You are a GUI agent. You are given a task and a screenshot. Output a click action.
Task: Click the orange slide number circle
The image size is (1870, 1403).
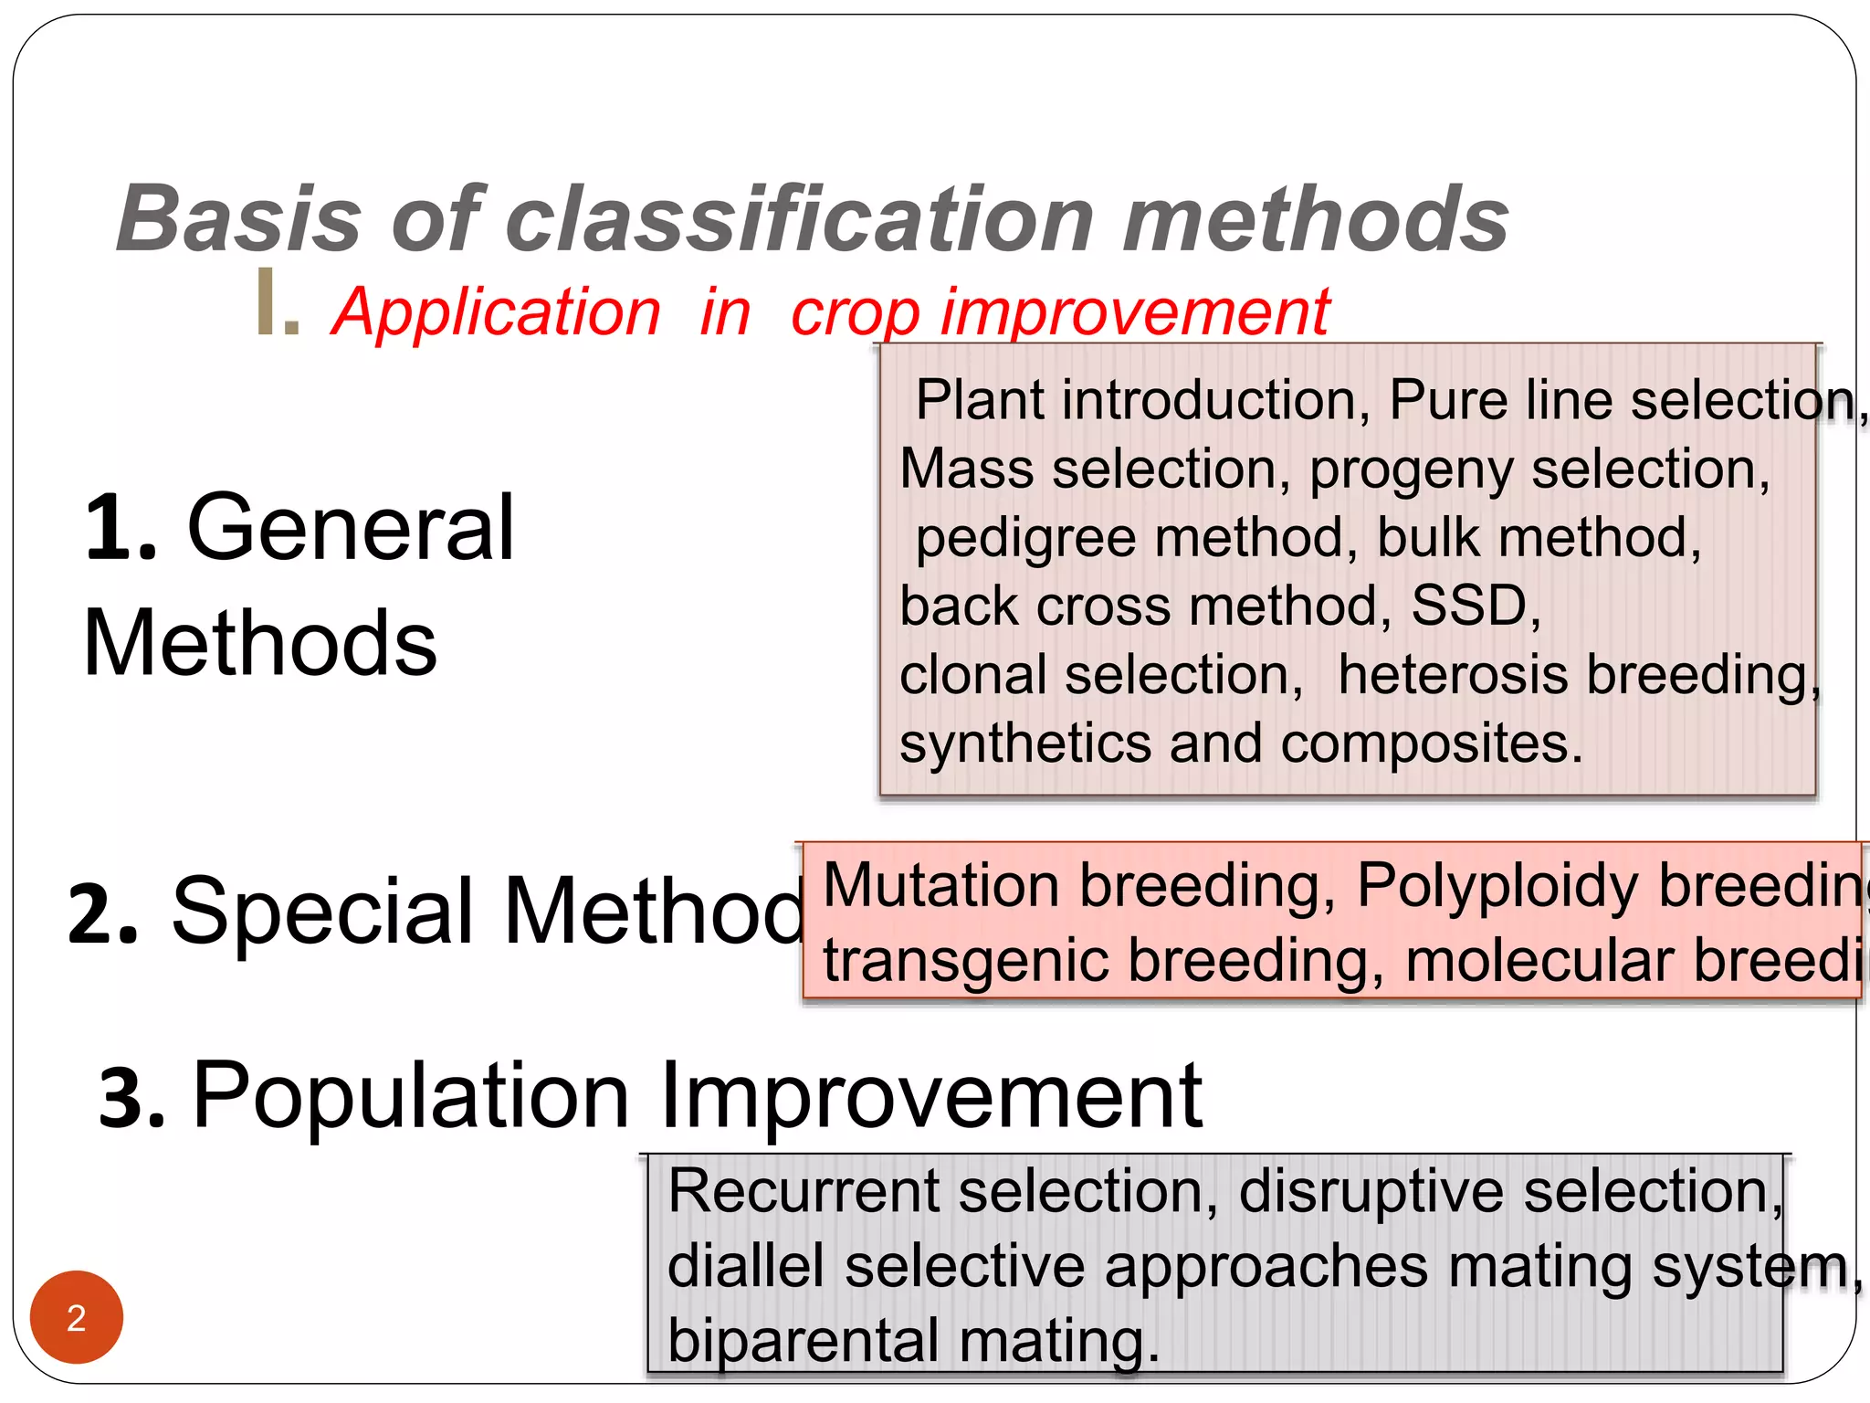click(x=77, y=1316)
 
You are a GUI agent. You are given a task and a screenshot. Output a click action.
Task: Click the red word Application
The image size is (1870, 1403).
click(x=497, y=313)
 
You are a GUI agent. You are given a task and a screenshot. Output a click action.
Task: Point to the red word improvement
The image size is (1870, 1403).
click(x=1135, y=313)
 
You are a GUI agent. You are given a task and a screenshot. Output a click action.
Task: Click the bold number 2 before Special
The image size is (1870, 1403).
click(x=102, y=912)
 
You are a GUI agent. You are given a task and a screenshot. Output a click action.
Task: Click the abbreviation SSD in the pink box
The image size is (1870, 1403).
click(x=1469, y=606)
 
